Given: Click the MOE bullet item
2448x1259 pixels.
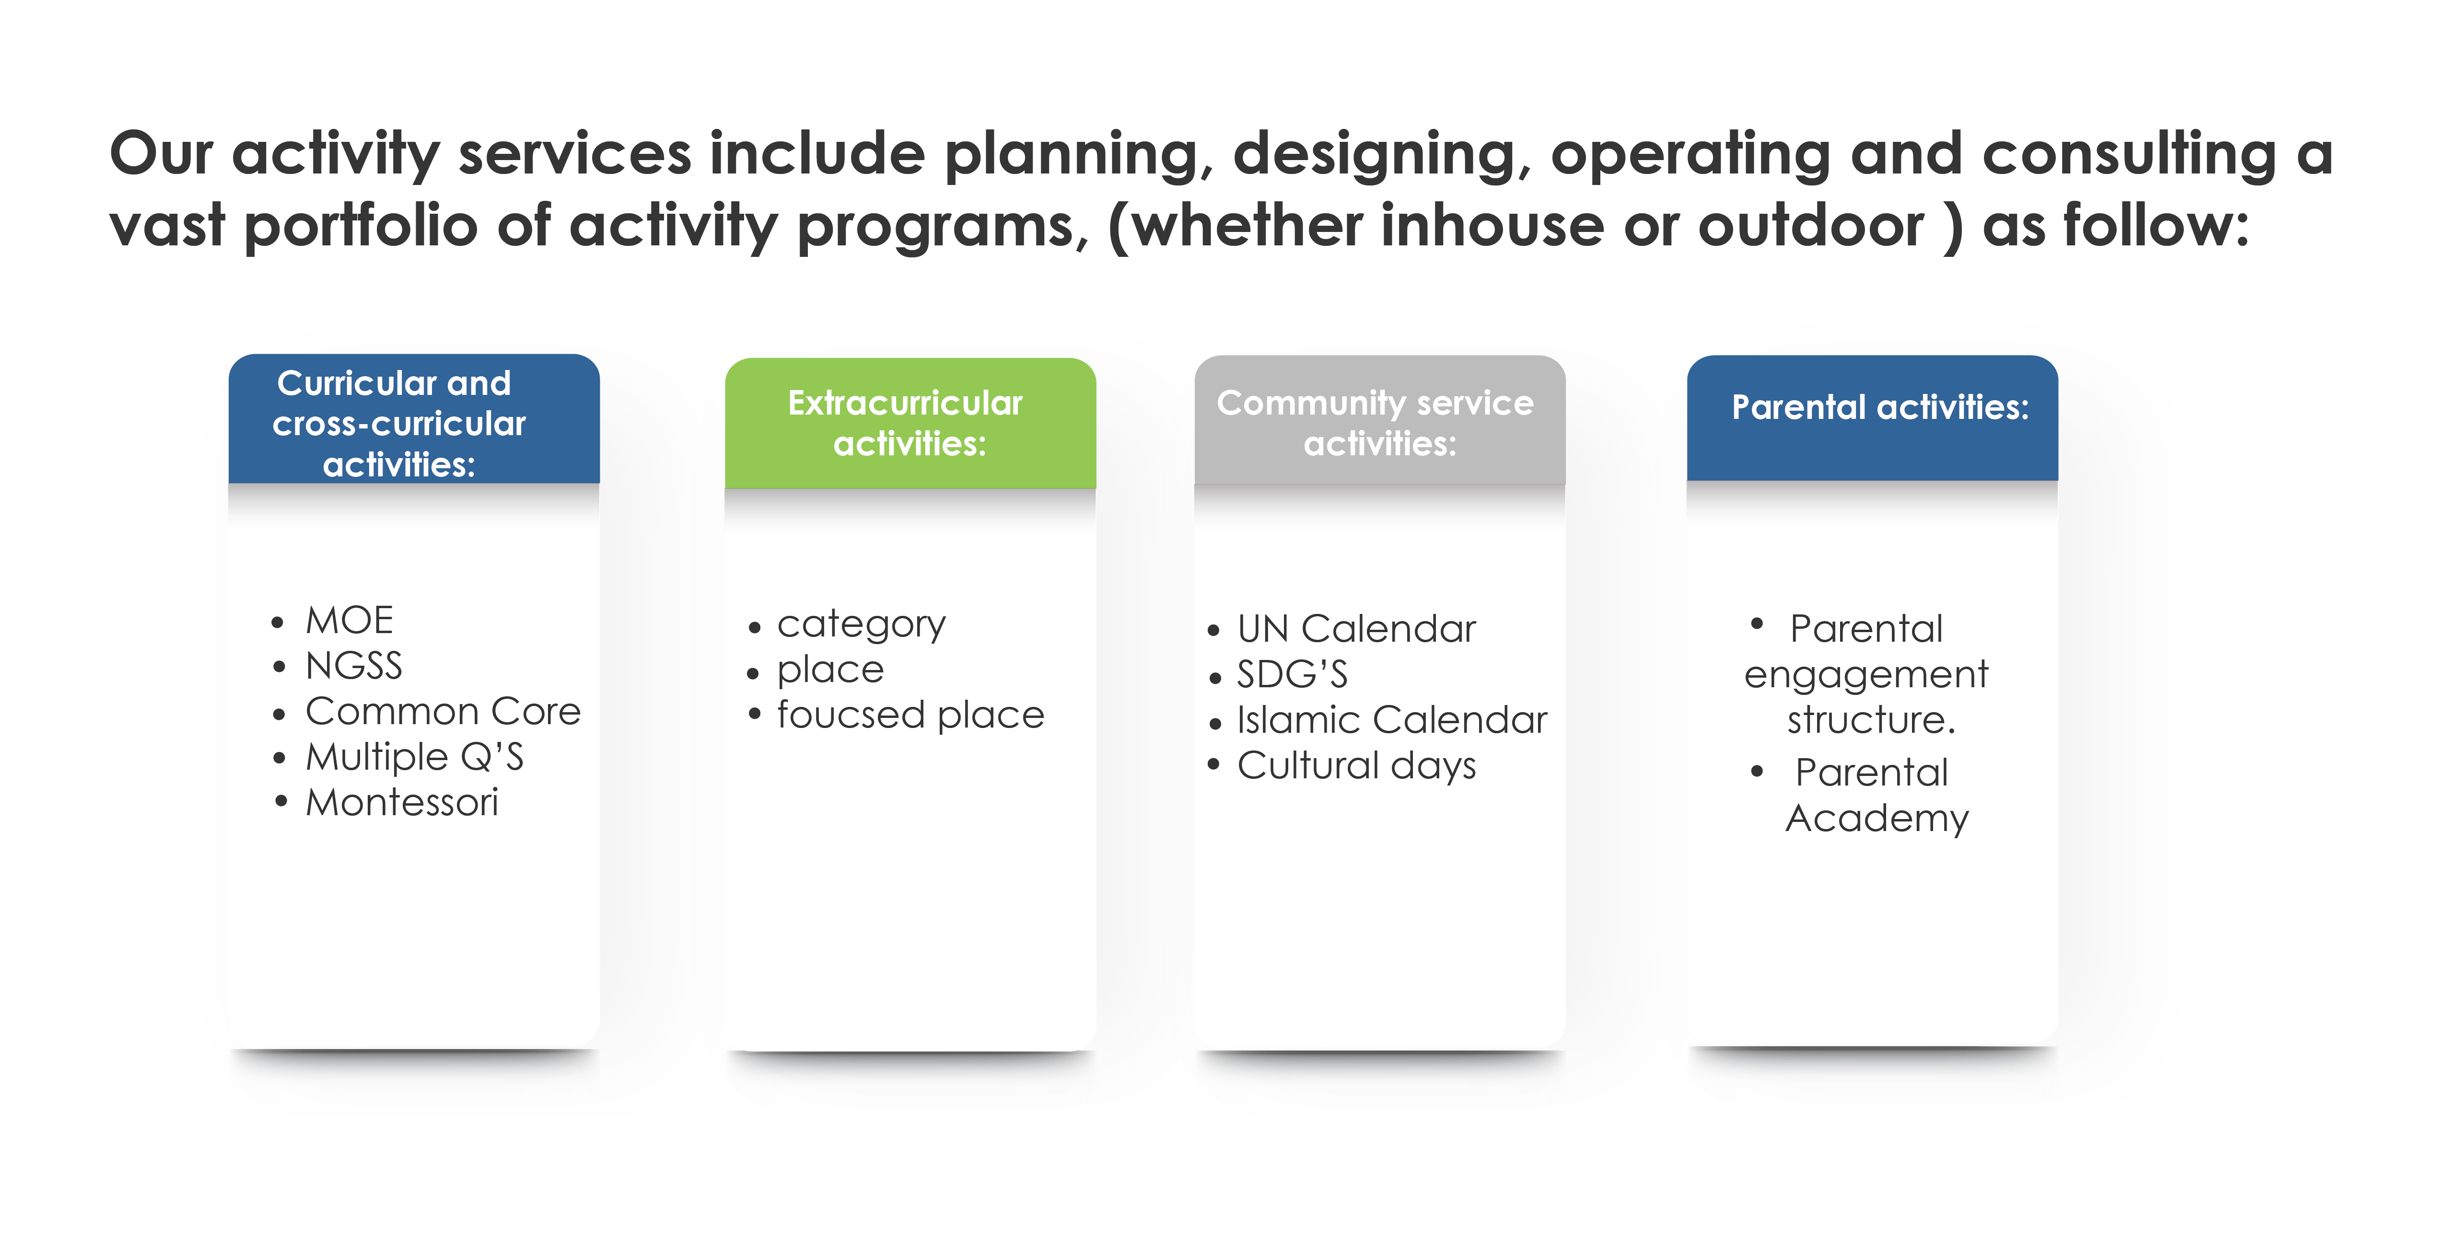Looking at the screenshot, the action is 349,621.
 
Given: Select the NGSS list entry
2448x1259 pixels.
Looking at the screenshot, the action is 353,666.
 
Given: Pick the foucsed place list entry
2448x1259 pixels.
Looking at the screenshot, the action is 910,715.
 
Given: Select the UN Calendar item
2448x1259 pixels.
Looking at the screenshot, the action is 1356,629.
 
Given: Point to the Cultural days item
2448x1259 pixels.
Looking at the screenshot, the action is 1356,766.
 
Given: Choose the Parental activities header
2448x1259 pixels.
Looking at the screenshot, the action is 1872,418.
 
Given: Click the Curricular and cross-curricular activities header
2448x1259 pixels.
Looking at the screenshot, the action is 414,419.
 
